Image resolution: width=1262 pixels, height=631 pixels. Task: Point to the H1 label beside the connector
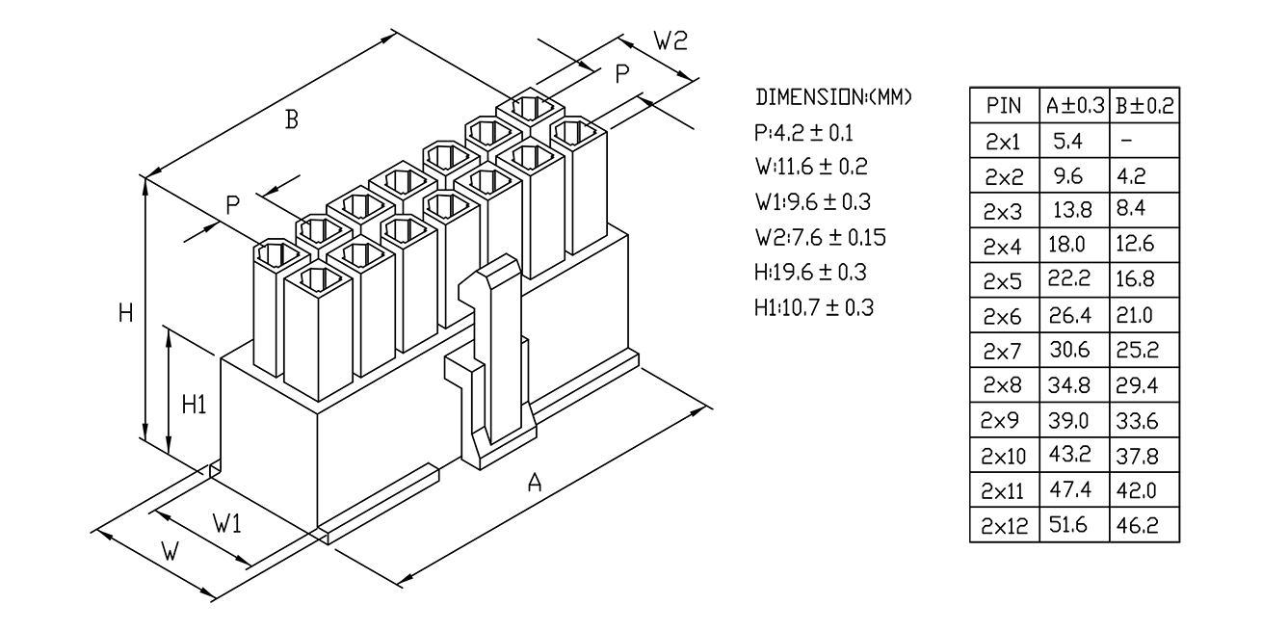click(x=195, y=405)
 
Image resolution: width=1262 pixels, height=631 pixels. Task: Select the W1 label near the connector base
click(x=227, y=524)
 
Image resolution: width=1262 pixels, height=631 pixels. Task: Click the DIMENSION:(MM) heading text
click(x=833, y=97)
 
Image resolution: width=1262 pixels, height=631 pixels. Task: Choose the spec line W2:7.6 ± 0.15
click(x=821, y=237)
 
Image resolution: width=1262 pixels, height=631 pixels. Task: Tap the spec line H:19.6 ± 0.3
click(x=811, y=273)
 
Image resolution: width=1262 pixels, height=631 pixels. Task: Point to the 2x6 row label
click(x=1004, y=316)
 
